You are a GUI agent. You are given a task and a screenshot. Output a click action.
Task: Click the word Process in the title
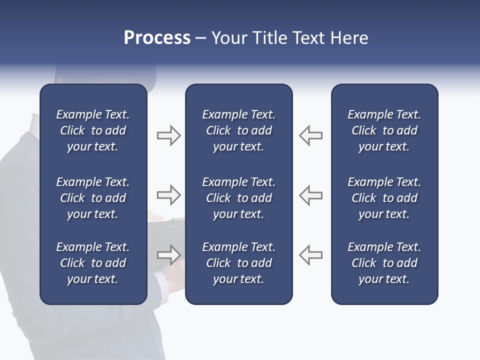(x=157, y=38)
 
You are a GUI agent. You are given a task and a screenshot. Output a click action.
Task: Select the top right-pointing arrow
(x=168, y=135)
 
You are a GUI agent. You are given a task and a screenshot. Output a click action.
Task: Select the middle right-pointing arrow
(x=168, y=195)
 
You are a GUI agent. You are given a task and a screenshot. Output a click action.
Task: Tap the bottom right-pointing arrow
(x=168, y=255)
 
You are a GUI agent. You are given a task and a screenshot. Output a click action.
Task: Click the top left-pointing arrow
(x=310, y=135)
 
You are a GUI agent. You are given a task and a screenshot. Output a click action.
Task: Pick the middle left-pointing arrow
(x=310, y=195)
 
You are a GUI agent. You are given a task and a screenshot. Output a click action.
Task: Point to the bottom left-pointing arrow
(x=310, y=255)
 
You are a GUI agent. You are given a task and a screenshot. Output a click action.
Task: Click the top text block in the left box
(x=93, y=130)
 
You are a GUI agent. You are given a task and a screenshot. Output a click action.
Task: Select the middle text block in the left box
(x=93, y=198)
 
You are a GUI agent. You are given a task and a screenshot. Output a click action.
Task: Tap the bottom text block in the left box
(x=93, y=263)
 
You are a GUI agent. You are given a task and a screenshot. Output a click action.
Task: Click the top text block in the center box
(x=239, y=130)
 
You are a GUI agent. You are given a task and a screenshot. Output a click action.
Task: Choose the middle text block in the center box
(x=239, y=198)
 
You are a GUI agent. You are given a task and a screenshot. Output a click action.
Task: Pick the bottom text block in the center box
(x=239, y=263)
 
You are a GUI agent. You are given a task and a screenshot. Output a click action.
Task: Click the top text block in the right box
(x=384, y=130)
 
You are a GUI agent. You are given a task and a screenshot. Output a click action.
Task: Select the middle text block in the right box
(x=384, y=198)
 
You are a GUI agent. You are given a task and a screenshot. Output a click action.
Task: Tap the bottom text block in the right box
(x=384, y=263)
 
